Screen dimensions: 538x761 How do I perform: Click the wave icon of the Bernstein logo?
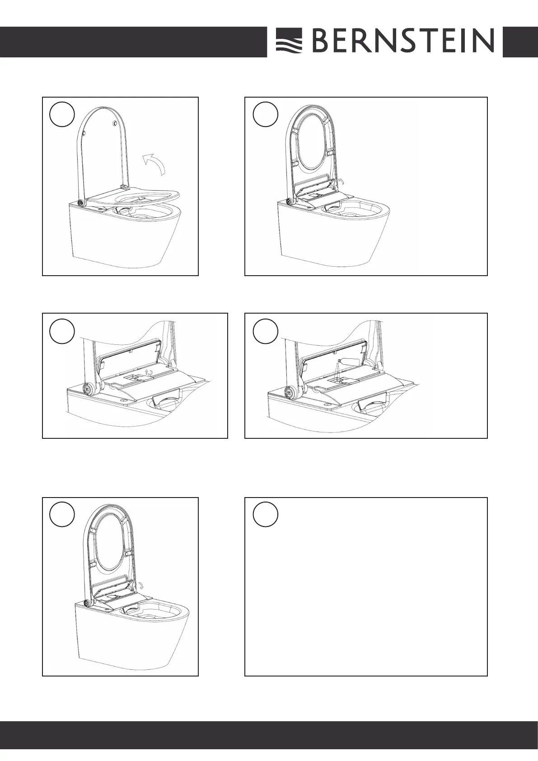pyautogui.click(x=289, y=41)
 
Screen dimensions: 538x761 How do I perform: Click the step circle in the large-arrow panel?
pyautogui.click(x=62, y=114)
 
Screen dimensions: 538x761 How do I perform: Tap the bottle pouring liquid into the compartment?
pyautogui.click(x=346, y=361)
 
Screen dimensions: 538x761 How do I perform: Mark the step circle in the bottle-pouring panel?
pyautogui.click(x=266, y=331)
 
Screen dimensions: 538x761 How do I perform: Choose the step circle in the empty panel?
pyautogui.click(x=266, y=514)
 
